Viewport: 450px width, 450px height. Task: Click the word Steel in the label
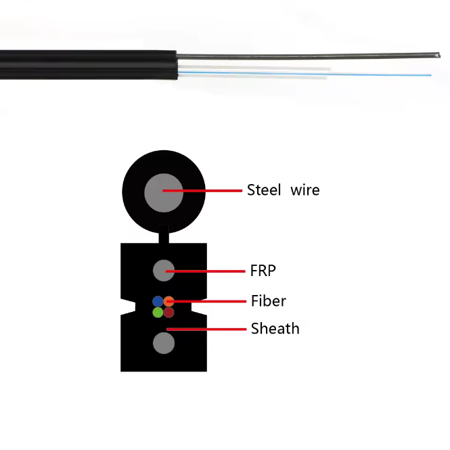coord(264,190)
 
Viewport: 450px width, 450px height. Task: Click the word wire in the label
coord(305,190)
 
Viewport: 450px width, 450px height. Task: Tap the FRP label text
coord(263,271)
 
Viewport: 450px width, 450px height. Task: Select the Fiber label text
coord(269,301)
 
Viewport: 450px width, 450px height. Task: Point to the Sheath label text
coord(275,329)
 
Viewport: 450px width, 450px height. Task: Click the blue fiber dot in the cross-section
coord(158,301)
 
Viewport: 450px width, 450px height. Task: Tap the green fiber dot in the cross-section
coord(158,312)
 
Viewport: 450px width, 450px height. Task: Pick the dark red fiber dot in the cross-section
coord(169,312)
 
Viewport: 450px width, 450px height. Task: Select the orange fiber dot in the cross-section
coord(169,301)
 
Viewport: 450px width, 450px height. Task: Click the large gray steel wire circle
coord(164,193)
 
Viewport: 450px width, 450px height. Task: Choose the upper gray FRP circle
coord(164,271)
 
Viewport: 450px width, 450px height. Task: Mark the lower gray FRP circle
coord(164,343)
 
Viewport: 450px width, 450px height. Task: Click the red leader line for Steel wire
coord(202,191)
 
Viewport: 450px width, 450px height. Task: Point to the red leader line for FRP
coord(206,271)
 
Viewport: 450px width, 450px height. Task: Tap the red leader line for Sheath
coord(206,329)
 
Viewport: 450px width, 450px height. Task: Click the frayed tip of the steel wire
coord(438,55)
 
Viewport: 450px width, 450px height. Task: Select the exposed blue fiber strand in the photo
coord(305,74)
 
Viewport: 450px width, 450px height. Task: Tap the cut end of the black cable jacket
coord(176,65)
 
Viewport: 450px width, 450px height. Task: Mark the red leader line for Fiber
coord(206,301)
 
